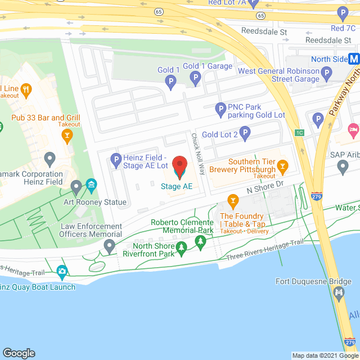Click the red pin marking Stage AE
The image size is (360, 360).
180,166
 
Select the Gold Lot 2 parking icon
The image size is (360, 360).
244,133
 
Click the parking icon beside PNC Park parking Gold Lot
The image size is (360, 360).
221,108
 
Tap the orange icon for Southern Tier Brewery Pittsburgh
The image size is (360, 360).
282,166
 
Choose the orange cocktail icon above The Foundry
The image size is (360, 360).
233,201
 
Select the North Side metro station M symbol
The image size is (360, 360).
354,58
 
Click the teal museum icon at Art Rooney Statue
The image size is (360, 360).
91,185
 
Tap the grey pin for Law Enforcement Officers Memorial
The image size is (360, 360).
109,245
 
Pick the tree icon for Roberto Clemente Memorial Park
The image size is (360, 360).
200,242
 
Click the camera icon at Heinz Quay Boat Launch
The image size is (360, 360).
62,272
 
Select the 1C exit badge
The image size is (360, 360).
299,133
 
